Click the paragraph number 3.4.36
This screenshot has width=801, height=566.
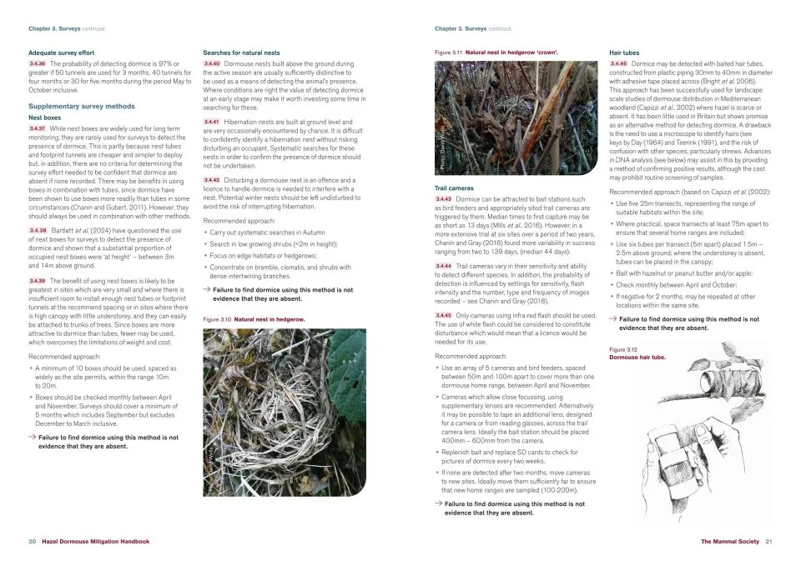tap(37, 63)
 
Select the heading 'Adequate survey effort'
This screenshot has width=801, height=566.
tap(61, 53)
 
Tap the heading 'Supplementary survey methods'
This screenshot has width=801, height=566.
tap(81, 107)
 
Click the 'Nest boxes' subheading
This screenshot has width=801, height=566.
tap(46, 118)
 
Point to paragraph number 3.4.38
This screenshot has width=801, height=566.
tap(37, 229)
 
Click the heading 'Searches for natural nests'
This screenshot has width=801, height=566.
tap(241, 53)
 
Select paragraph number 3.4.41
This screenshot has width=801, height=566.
tap(212, 122)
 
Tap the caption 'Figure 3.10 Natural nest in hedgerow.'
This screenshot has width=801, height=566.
tap(254, 319)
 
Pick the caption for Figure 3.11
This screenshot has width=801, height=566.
tap(496, 53)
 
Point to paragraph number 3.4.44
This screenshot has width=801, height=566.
tap(444, 265)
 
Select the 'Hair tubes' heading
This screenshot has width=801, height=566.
tap(625, 53)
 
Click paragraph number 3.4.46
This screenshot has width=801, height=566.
tap(619, 63)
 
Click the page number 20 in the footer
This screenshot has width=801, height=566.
tap(32, 542)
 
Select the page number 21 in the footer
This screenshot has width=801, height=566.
tap(769, 542)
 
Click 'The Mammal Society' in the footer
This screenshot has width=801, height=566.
tap(730, 542)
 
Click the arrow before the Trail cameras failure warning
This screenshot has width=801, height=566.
tap(438, 504)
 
